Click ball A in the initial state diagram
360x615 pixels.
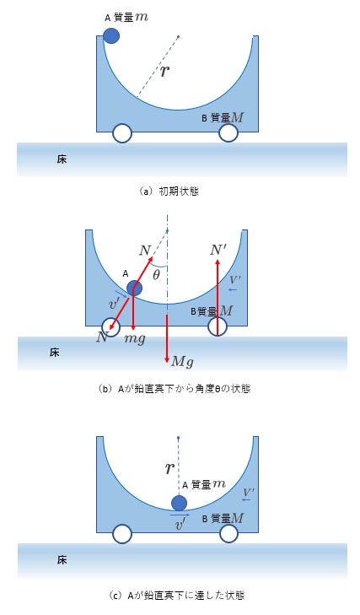[111, 35]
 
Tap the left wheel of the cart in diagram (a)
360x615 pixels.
[122, 133]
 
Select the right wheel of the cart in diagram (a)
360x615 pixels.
[228, 132]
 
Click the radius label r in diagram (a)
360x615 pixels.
[165, 71]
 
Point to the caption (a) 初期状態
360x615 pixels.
[169, 191]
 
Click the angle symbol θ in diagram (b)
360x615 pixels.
[156, 275]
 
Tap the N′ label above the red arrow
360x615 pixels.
[218, 250]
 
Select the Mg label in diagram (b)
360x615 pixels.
[182, 361]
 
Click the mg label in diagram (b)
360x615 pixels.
[135, 338]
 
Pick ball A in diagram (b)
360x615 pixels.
[135, 288]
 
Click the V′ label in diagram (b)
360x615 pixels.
[235, 280]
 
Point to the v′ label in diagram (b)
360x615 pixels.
[114, 303]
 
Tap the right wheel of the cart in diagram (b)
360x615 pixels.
[218, 326]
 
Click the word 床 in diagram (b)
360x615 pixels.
[55, 353]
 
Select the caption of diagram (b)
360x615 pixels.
[175, 389]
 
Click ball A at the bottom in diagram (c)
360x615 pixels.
[179, 503]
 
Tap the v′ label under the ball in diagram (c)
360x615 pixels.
[180, 525]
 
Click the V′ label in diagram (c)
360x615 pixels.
[249, 492]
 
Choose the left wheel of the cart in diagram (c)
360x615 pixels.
[122, 534]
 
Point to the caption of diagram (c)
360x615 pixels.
[176, 595]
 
